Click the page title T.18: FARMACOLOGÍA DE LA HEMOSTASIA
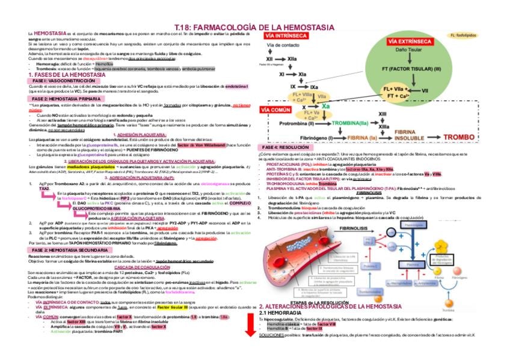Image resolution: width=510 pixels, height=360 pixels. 254,28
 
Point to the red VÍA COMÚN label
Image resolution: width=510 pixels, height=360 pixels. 277,111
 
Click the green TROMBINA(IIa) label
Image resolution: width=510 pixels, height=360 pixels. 350,123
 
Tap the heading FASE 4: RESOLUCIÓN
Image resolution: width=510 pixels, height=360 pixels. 286,147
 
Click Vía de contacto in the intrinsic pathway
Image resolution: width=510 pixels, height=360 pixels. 282,46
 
